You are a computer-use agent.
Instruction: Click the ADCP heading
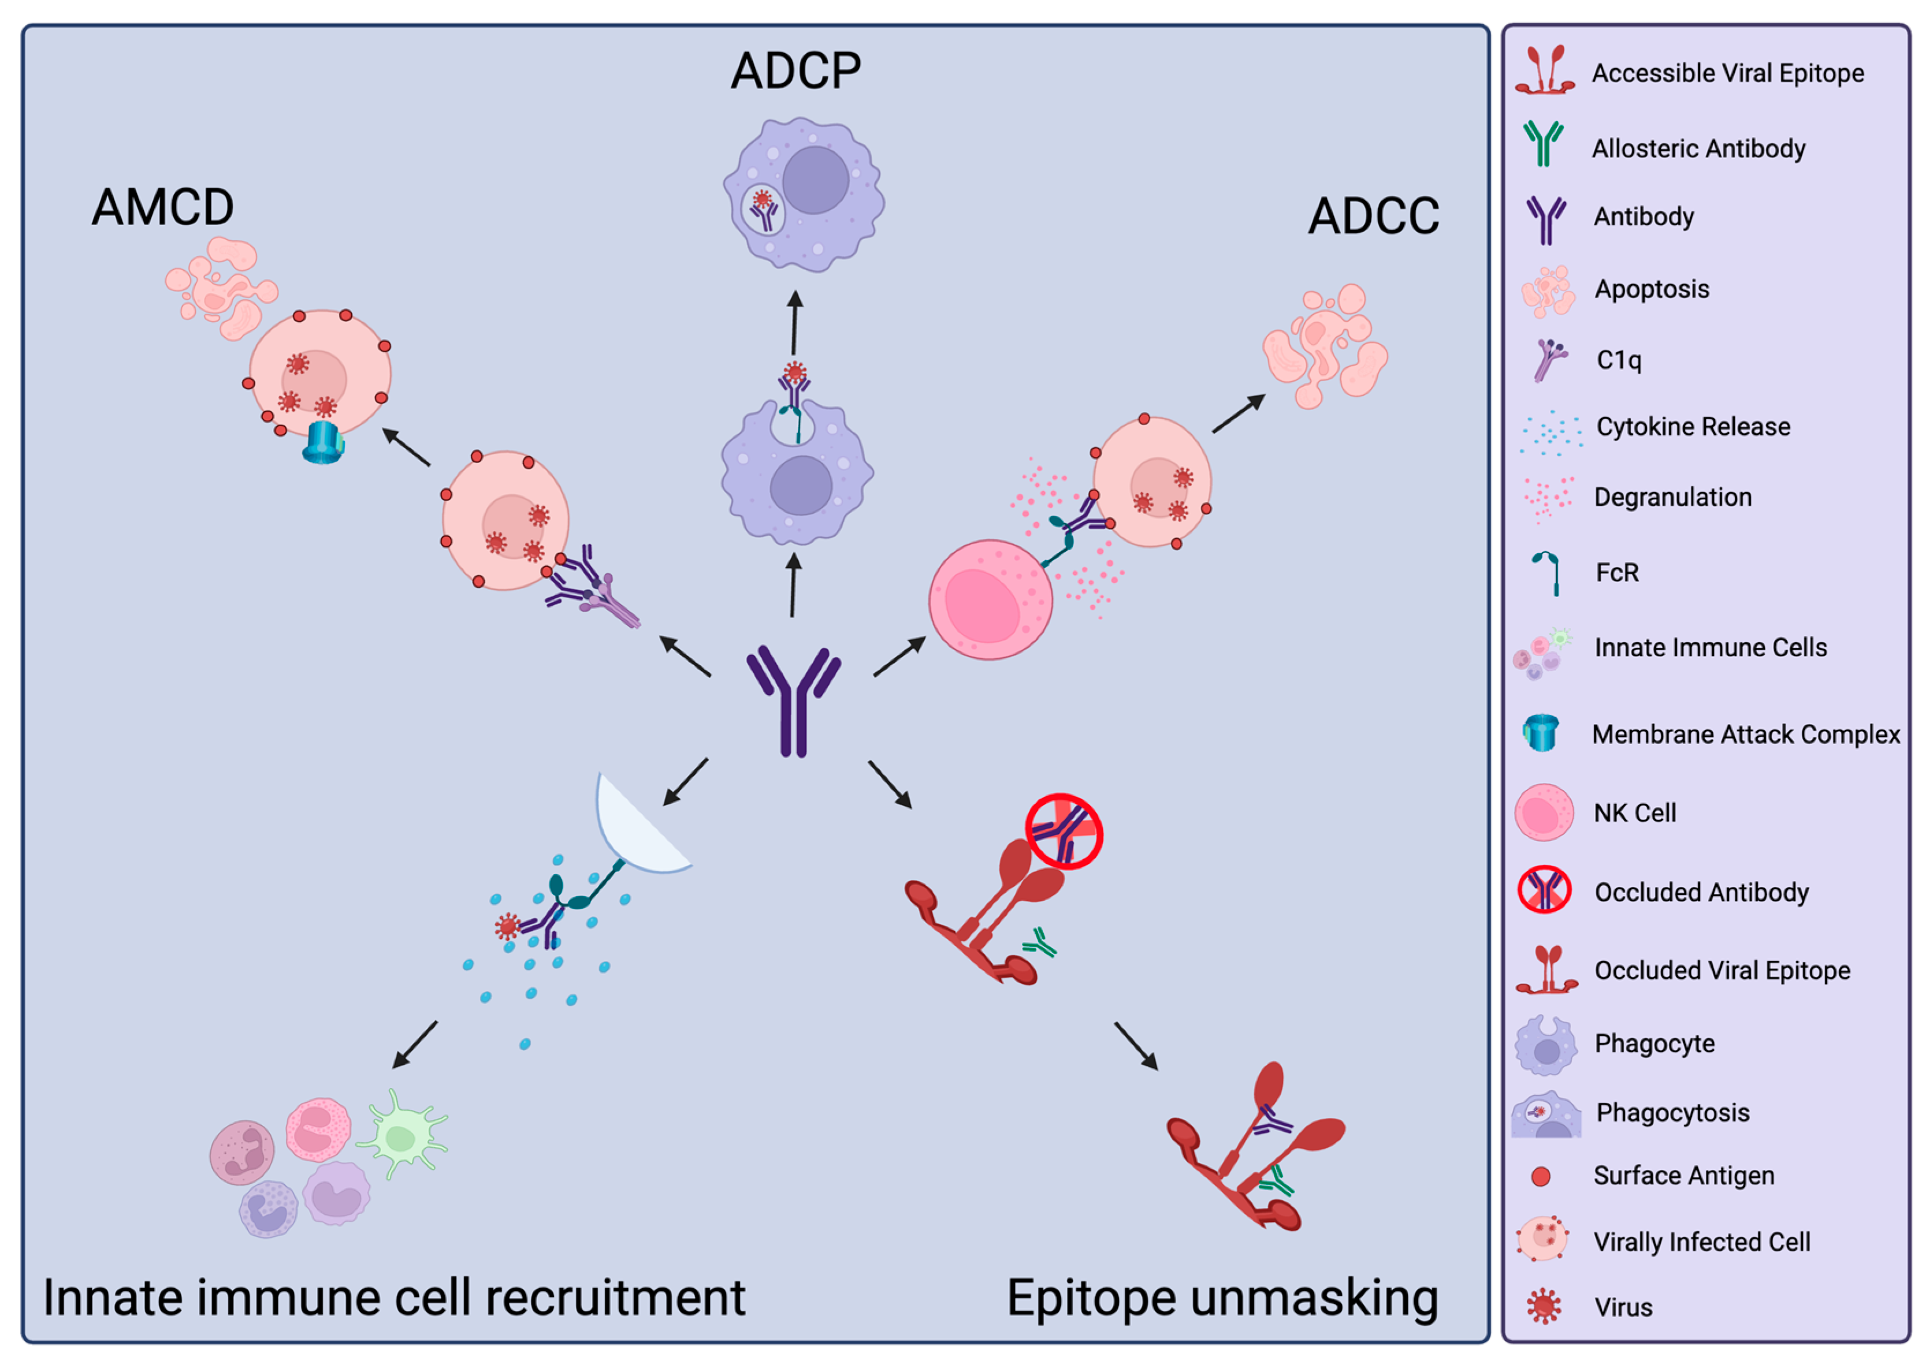pyautogui.click(x=795, y=70)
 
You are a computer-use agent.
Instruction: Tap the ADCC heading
pyautogui.click(x=1373, y=217)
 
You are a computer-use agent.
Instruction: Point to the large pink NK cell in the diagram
pyautogui.click(x=990, y=599)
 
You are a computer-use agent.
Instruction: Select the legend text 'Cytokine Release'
pyautogui.click(x=1693, y=427)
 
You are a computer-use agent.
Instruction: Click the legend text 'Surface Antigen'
pyautogui.click(x=1683, y=1176)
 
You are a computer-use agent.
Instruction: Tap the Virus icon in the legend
pyautogui.click(x=1544, y=1306)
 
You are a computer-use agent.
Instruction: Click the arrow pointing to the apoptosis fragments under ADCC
pyautogui.click(x=1237, y=414)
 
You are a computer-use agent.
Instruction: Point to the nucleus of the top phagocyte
pyautogui.click(x=815, y=180)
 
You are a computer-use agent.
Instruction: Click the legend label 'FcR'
pyautogui.click(x=1616, y=573)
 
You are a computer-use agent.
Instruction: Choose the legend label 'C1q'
pyautogui.click(x=1618, y=360)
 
